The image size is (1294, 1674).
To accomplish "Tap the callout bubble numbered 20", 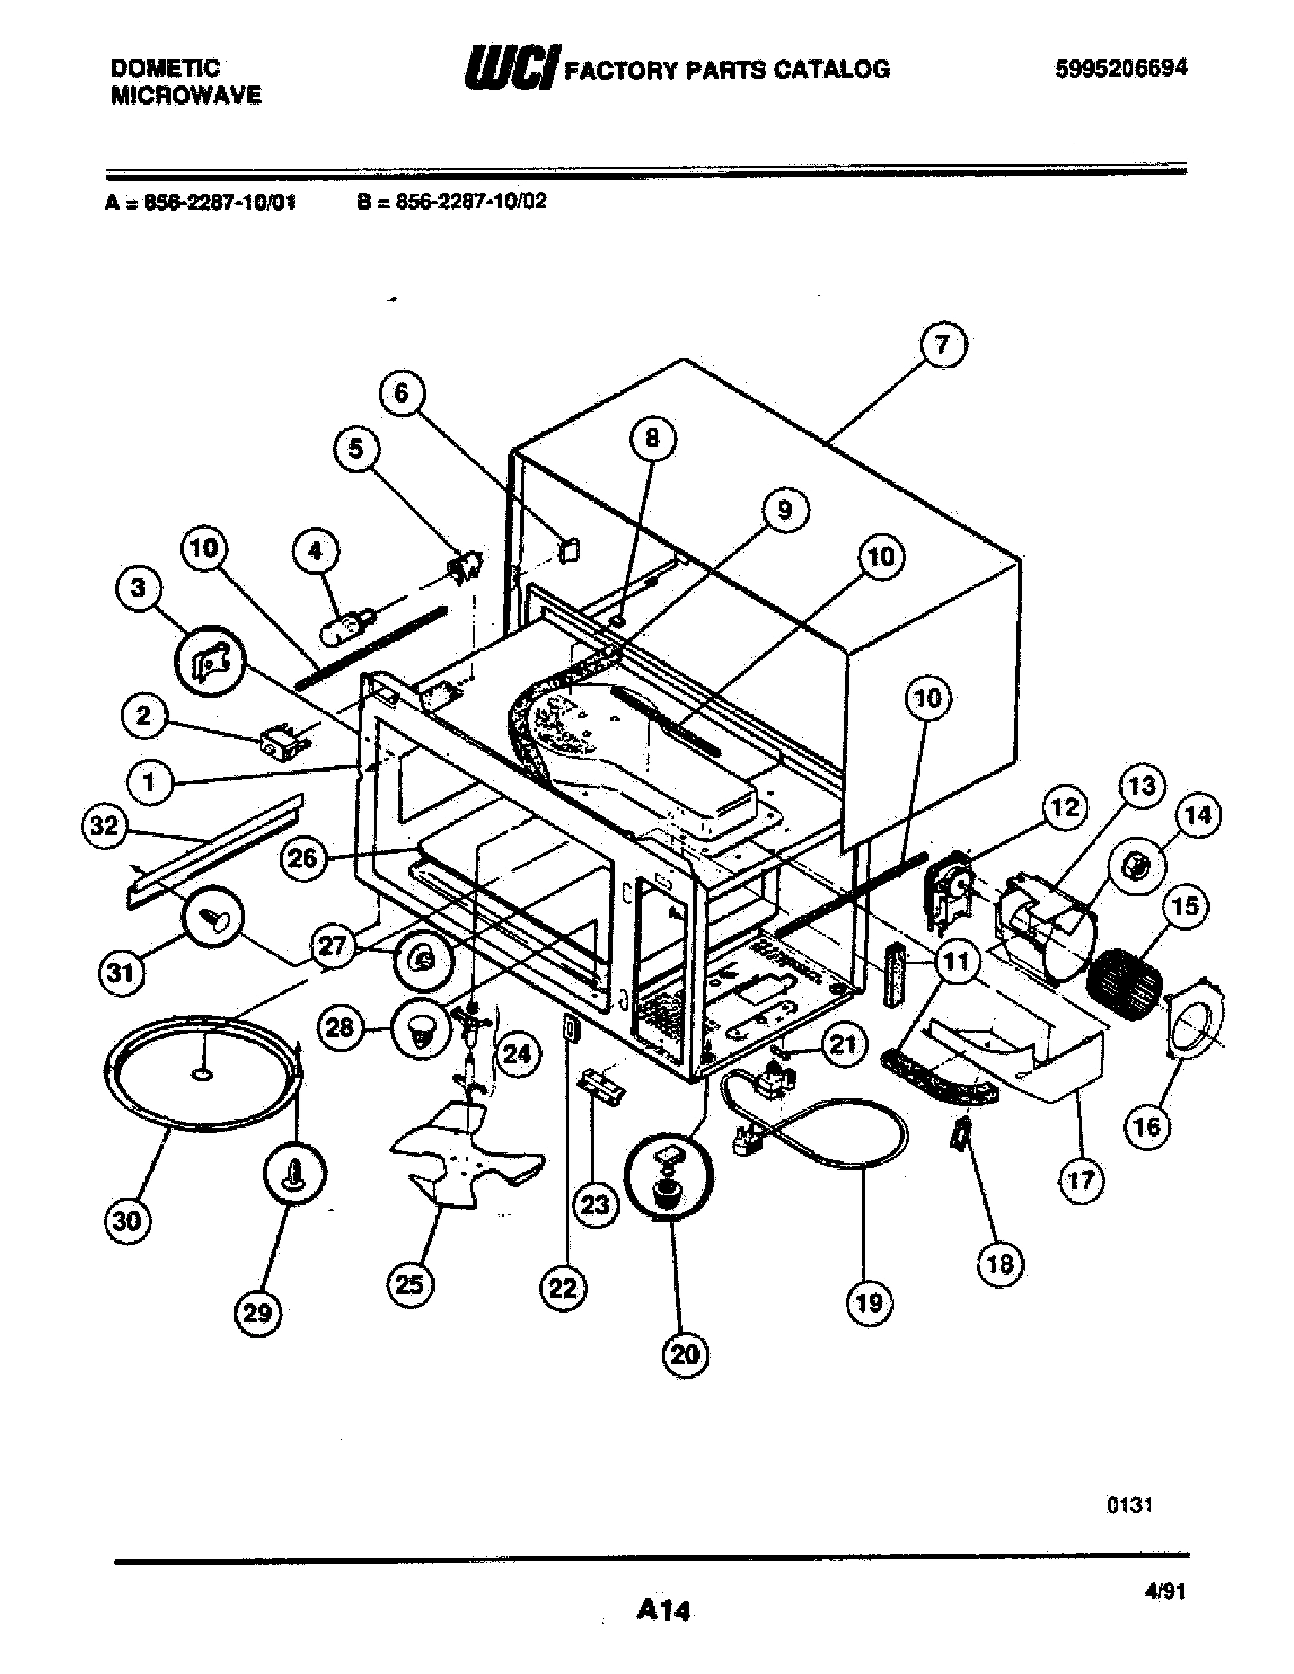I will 684,1354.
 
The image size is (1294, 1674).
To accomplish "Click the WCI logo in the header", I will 512,68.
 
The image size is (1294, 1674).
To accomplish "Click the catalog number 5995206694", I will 1120,68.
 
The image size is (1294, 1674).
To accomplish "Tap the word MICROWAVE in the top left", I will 186,96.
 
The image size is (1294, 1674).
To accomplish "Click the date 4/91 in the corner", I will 1164,1592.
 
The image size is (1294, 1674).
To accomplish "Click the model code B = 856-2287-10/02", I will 451,202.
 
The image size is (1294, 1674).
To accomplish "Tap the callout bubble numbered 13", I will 1142,786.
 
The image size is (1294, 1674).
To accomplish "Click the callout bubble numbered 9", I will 784,510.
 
